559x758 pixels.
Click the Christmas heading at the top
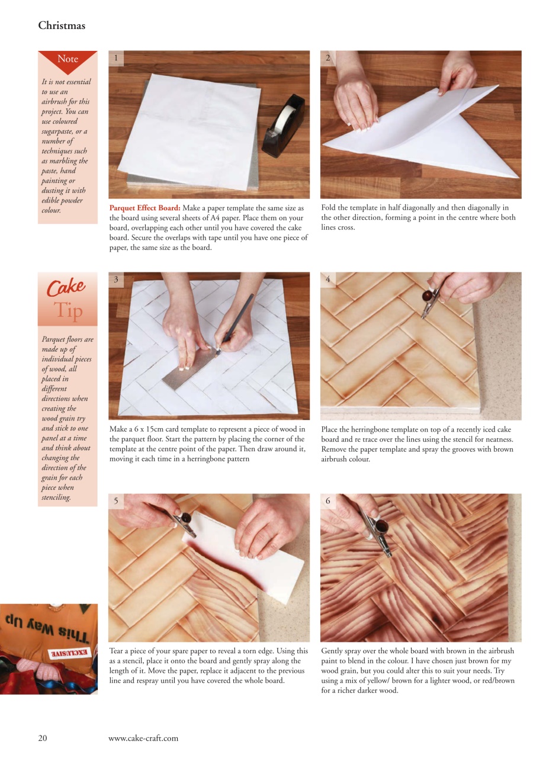point(62,25)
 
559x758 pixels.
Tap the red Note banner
point(68,59)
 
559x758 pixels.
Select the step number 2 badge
point(328,57)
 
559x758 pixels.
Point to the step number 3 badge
point(116,279)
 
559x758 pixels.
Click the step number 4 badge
point(328,279)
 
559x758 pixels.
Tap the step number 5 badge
point(116,501)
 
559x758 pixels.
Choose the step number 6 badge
point(328,501)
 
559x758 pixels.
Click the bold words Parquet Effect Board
point(145,208)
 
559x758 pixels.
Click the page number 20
point(43,738)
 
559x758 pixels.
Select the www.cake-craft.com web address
point(143,738)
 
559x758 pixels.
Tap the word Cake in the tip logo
point(66,288)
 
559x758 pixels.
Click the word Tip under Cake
point(68,310)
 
